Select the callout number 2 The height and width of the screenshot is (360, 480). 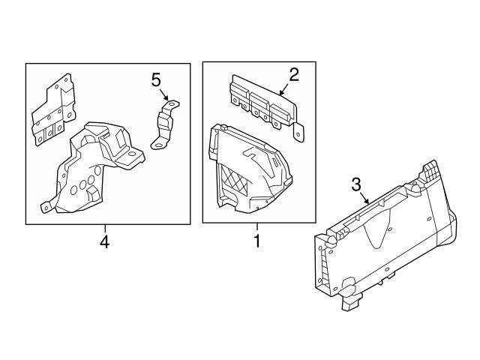click(x=294, y=73)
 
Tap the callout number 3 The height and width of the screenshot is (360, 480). click(x=356, y=184)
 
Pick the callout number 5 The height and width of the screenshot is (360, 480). click(x=156, y=79)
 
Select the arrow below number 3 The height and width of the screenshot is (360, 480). click(x=364, y=199)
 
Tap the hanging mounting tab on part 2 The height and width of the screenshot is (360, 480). click(x=299, y=132)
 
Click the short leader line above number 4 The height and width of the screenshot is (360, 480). click(x=104, y=229)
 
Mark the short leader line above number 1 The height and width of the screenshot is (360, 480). click(x=256, y=229)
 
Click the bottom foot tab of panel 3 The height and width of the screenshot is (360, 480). click(x=350, y=304)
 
